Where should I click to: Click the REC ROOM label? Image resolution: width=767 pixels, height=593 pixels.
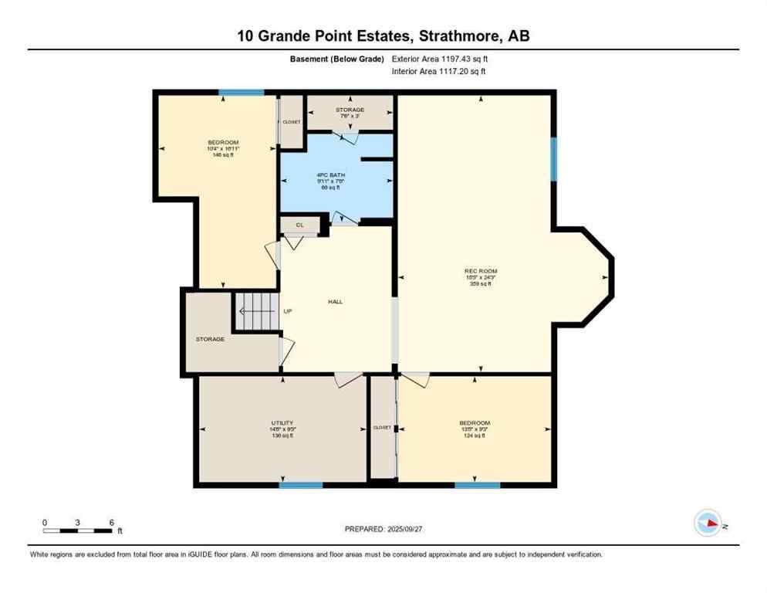[x=480, y=271]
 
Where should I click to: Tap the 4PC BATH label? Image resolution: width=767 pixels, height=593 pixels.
[x=331, y=175]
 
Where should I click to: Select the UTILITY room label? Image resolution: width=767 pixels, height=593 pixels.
[x=282, y=422]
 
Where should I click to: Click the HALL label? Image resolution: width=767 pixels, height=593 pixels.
[x=334, y=301]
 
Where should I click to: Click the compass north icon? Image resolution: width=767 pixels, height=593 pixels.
[x=708, y=524]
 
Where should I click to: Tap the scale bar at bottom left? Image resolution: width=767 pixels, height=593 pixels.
[x=78, y=530]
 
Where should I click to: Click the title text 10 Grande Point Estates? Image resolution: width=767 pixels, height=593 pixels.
[x=383, y=36]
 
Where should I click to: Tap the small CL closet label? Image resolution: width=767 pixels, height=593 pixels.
[x=299, y=225]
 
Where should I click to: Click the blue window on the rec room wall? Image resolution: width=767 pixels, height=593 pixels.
[x=553, y=158]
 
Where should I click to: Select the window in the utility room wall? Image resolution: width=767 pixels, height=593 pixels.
[x=300, y=485]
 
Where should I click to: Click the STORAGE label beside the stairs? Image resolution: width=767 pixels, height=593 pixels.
[x=210, y=339]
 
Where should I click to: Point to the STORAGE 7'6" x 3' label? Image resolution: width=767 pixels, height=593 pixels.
[x=350, y=113]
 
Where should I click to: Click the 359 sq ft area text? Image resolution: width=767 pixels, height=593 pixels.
[x=480, y=284]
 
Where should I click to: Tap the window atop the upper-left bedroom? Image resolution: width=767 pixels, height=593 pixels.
[x=241, y=93]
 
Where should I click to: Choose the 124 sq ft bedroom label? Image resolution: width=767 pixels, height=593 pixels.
[x=474, y=436]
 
